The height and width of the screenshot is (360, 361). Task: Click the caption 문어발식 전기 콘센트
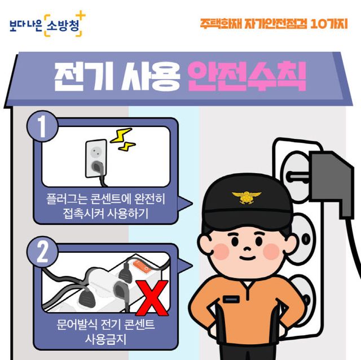106,326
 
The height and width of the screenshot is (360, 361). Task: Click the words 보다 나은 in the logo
25,24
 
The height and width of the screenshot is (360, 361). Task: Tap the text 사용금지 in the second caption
106,340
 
